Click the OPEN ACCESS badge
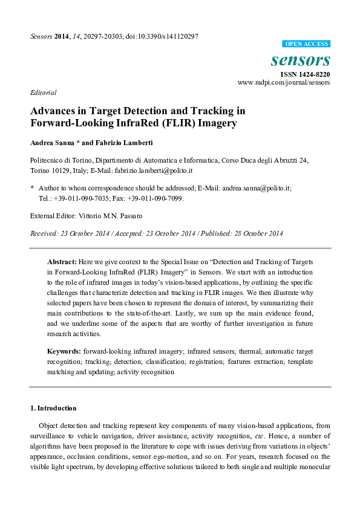[x=307, y=44]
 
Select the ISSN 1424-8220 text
[x=304, y=74]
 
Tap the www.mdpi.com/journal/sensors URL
[x=284, y=82]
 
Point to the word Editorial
[x=43, y=92]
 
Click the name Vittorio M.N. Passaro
[x=114, y=216]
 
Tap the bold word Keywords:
[x=64, y=351]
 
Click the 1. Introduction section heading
[x=53, y=408]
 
